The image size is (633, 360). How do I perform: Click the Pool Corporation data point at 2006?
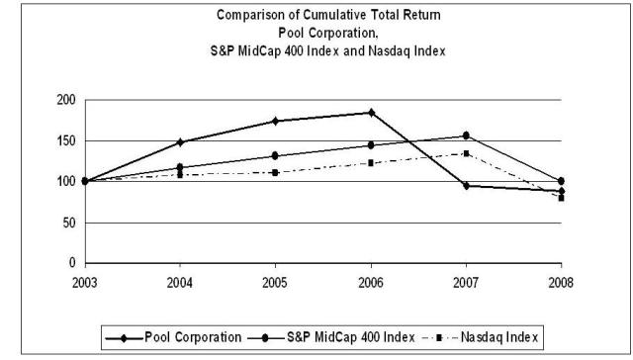pos(371,113)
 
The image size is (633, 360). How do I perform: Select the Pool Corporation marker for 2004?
pos(180,142)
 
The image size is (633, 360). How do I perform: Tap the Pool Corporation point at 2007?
pos(466,186)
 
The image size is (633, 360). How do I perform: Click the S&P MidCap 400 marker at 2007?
pos(466,136)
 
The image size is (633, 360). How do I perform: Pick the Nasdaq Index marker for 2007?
pos(466,153)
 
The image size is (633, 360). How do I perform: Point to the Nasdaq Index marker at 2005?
pos(275,172)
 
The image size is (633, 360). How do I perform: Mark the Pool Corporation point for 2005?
pos(275,121)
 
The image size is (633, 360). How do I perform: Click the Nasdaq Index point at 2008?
pos(561,198)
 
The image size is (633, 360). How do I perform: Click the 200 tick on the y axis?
pos(67,100)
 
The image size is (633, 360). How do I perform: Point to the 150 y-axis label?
pos(67,140)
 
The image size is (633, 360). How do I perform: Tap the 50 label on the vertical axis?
pos(70,223)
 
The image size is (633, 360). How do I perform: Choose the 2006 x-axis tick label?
pos(371,281)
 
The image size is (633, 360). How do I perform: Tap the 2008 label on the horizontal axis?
pos(561,281)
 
